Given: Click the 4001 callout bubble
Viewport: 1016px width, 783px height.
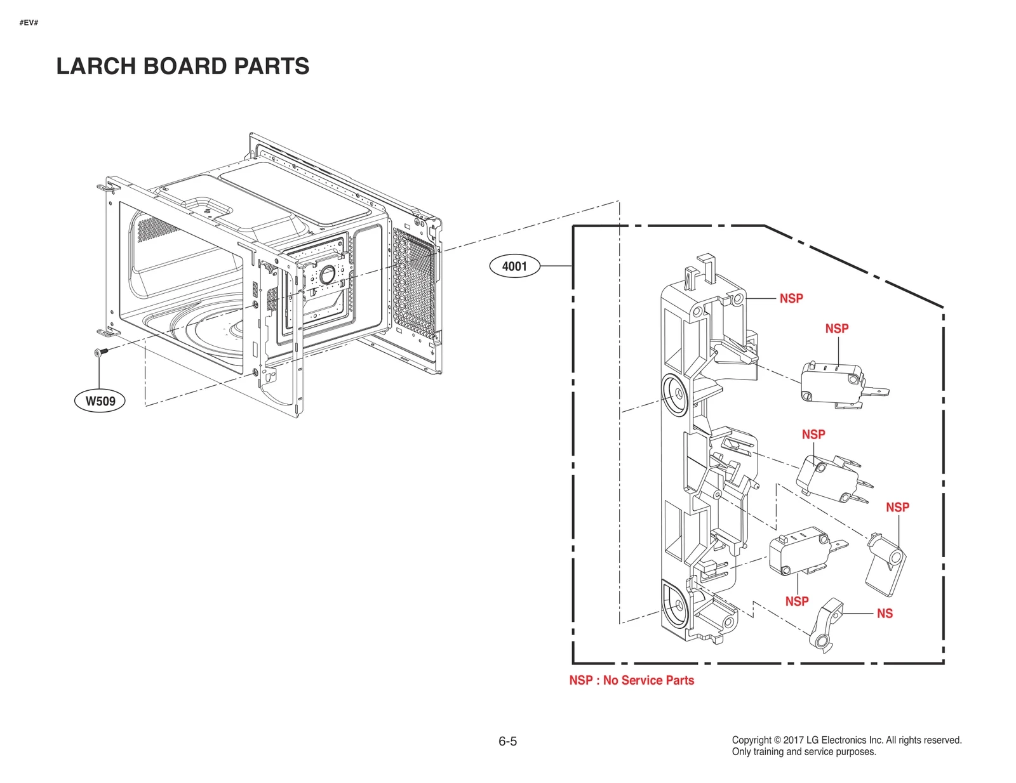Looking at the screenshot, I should [x=514, y=266].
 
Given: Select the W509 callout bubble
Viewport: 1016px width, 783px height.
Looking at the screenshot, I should [x=100, y=401].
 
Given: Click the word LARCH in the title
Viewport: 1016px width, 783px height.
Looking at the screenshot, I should [x=96, y=66].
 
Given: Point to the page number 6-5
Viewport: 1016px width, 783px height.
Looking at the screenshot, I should [x=507, y=741].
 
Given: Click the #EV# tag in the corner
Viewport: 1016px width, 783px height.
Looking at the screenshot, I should [x=29, y=23].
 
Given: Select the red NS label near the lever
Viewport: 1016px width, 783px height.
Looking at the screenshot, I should [x=885, y=614].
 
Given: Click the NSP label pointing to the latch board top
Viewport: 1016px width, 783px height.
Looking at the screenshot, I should [x=791, y=298].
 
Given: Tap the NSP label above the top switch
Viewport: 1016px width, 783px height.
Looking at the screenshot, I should [x=836, y=329].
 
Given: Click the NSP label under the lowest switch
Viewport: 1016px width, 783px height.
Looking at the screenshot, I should [x=796, y=602].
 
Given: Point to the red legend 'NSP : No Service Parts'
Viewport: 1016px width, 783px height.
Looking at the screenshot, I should [x=631, y=680].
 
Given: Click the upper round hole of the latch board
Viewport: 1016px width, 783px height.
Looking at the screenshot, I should [x=675, y=394].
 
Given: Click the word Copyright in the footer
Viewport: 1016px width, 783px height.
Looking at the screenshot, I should [x=752, y=740].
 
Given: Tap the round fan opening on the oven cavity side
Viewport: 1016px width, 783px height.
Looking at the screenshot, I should [x=328, y=275].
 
